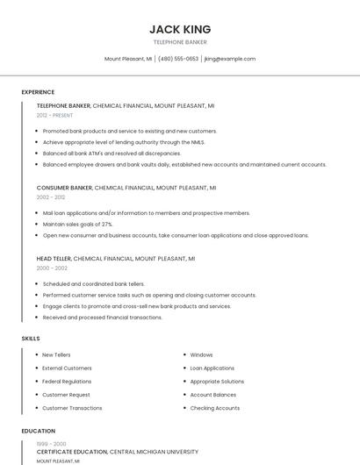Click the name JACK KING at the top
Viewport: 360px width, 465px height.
tap(180, 29)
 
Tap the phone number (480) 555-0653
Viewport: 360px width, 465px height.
tap(178, 59)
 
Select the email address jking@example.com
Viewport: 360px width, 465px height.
tap(229, 59)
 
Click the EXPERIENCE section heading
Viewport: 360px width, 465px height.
tap(38, 92)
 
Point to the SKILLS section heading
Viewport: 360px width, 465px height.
tap(31, 338)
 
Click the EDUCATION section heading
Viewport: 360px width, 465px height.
tap(39, 431)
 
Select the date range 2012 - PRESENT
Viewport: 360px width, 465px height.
tap(54, 115)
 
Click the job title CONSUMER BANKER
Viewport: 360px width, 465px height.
tap(64, 188)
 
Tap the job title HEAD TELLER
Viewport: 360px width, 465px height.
tap(54, 259)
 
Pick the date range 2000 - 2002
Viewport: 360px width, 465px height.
tap(51, 268)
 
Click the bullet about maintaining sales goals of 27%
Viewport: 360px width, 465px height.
tap(77, 224)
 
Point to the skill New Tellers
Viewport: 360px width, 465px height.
tap(56, 354)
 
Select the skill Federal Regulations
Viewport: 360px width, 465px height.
tap(67, 382)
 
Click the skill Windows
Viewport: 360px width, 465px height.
tap(201, 354)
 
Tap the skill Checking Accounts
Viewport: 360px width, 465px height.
tap(214, 408)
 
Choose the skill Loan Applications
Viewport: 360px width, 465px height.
tap(212, 368)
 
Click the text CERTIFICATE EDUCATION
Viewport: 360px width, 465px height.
tap(72, 452)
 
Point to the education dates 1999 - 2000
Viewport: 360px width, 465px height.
tap(51, 444)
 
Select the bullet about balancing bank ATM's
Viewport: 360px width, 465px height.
tap(112, 153)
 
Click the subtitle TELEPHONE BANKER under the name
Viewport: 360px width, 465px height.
tap(180, 42)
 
